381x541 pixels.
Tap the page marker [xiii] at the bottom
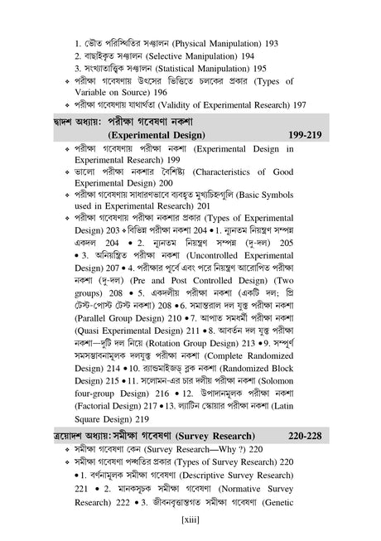191,520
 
